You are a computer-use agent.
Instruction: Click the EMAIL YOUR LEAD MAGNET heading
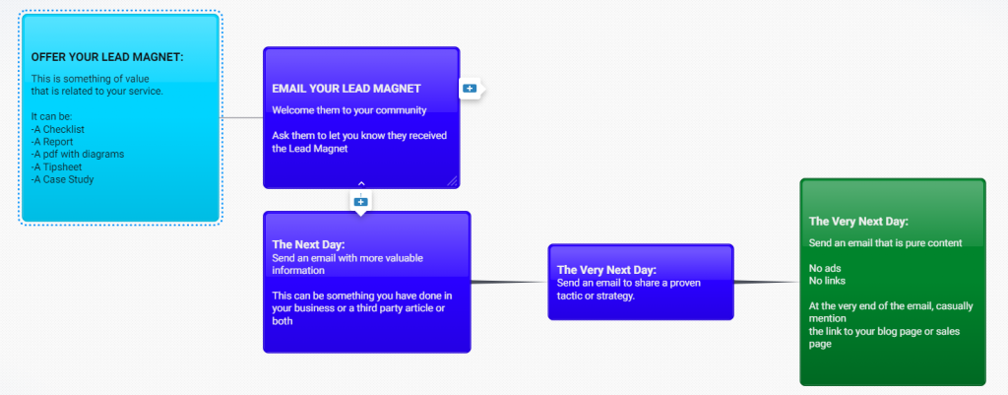(346, 89)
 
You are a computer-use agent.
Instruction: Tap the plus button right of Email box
(470, 89)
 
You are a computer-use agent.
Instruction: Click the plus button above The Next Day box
(360, 202)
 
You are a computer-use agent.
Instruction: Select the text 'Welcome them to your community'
(348, 109)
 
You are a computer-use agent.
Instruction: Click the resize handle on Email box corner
(453, 180)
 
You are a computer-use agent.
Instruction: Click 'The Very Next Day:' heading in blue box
(606, 269)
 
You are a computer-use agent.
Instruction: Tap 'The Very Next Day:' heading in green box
(858, 222)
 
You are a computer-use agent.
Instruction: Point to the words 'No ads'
(825, 268)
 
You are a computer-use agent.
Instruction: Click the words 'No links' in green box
(828, 281)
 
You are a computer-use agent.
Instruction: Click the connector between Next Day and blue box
(509, 283)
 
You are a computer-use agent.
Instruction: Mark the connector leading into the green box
(767, 283)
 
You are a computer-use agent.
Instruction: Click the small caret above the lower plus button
(361, 183)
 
